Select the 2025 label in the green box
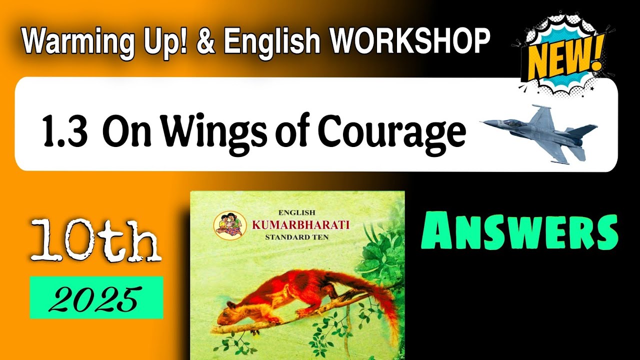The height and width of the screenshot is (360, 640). (96, 298)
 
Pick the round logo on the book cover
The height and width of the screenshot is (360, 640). (229, 224)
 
